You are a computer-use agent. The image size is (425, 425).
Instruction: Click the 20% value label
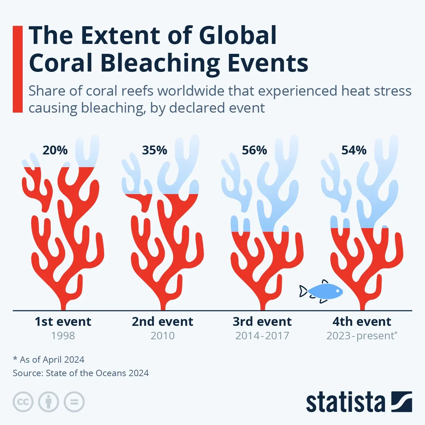click(x=55, y=150)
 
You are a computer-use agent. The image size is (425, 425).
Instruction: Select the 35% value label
click(x=154, y=150)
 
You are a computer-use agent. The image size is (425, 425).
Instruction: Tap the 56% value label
click(x=254, y=150)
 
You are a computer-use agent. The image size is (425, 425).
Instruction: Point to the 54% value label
click(x=354, y=150)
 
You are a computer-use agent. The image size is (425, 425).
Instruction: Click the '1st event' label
click(x=63, y=322)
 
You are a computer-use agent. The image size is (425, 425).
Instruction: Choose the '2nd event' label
click(x=163, y=322)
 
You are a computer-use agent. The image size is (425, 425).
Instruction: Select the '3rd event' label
click(x=262, y=322)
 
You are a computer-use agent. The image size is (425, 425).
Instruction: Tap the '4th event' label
click(x=362, y=322)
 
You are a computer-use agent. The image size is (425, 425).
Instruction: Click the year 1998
click(x=63, y=336)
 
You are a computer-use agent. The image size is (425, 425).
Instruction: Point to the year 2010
click(x=163, y=336)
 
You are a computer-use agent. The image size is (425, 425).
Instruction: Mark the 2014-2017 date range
click(x=262, y=336)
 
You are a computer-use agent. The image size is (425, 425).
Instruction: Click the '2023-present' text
click(x=360, y=336)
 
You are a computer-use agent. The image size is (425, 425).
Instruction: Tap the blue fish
click(x=324, y=291)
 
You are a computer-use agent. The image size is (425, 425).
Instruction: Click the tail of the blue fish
click(x=303, y=291)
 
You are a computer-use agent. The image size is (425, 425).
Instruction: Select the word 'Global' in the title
click(x=238, y=35)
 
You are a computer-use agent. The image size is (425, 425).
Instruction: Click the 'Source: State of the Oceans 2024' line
click(x=81, y=373)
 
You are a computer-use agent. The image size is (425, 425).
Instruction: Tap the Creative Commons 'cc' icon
click(x=23, y=402)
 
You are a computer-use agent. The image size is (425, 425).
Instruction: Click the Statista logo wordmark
click(x=345, y=402)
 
